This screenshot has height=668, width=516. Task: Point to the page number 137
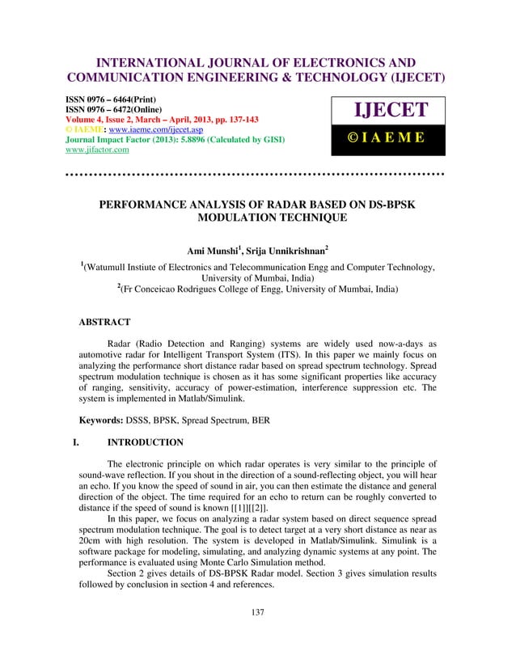pos(258,635)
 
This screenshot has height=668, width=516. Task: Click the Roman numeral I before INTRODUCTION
pos(75,443)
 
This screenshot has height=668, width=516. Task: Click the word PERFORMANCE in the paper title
pos(150,205)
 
